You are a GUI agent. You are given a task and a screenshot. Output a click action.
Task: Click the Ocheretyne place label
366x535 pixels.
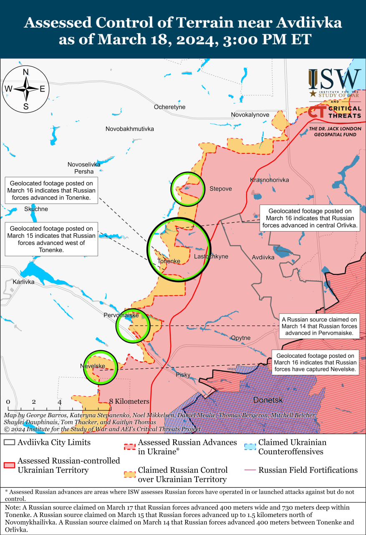[x=169, y=107]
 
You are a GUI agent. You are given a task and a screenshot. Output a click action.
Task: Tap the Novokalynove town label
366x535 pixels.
[x=250, y=115]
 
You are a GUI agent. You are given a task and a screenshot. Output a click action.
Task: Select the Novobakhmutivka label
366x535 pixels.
[x=129, y=129]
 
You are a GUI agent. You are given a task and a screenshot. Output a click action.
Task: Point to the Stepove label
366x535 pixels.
[x=220, y=189]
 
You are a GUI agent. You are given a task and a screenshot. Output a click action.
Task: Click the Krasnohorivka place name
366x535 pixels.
[x=269, y=180]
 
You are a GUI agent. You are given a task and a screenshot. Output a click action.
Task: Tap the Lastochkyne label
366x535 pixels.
[x=211, y=256]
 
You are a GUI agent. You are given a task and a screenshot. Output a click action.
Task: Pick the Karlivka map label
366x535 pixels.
[x=23, y=282]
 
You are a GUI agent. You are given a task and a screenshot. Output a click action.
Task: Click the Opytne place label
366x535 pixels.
[x=241, y=338]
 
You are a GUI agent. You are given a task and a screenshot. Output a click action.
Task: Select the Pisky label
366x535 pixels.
[x=183, y=374]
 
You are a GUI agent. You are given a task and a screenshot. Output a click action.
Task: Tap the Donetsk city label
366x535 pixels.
[x=268, y=400]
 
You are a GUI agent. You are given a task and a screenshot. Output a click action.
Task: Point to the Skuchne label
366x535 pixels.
[x=36, y=209]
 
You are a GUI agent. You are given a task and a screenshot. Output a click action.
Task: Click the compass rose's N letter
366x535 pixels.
[x=25, y=72]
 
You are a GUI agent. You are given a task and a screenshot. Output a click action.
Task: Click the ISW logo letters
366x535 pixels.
[x=335, y=79]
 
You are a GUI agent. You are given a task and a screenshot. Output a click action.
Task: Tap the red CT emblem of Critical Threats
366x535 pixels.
[x=317, y=112]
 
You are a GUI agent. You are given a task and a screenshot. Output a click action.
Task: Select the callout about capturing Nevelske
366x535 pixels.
[x=316, y=362]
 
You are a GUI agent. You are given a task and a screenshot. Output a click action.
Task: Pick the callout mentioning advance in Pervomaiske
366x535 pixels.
[x=319, y=326]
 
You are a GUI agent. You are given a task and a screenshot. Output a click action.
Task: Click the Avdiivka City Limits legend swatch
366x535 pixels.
[x=9, y=442]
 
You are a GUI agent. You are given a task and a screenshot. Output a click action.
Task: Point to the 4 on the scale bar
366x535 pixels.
[x=60, y=402]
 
